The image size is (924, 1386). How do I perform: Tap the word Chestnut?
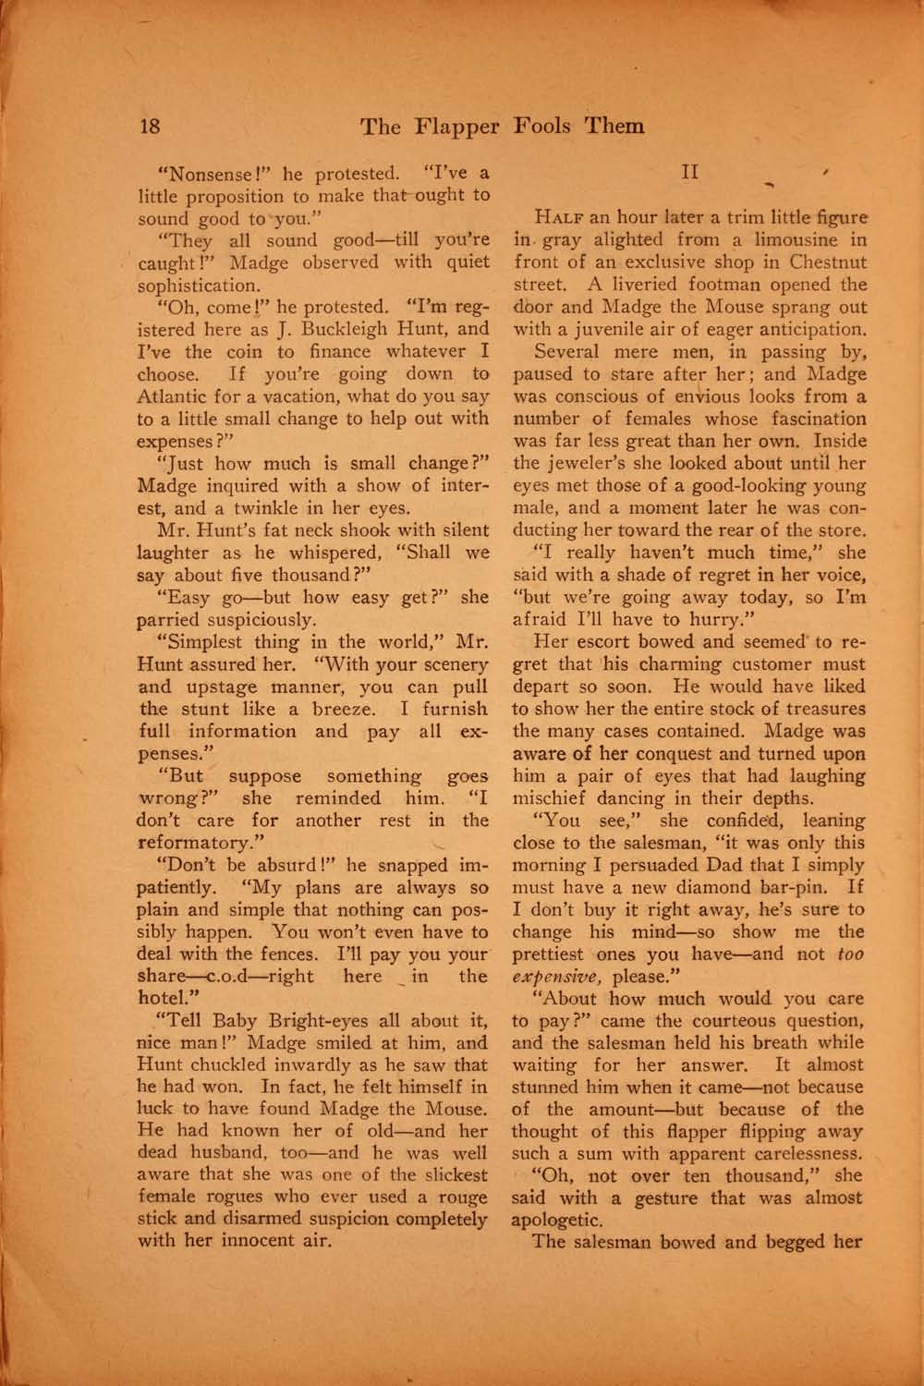(824, 262)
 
